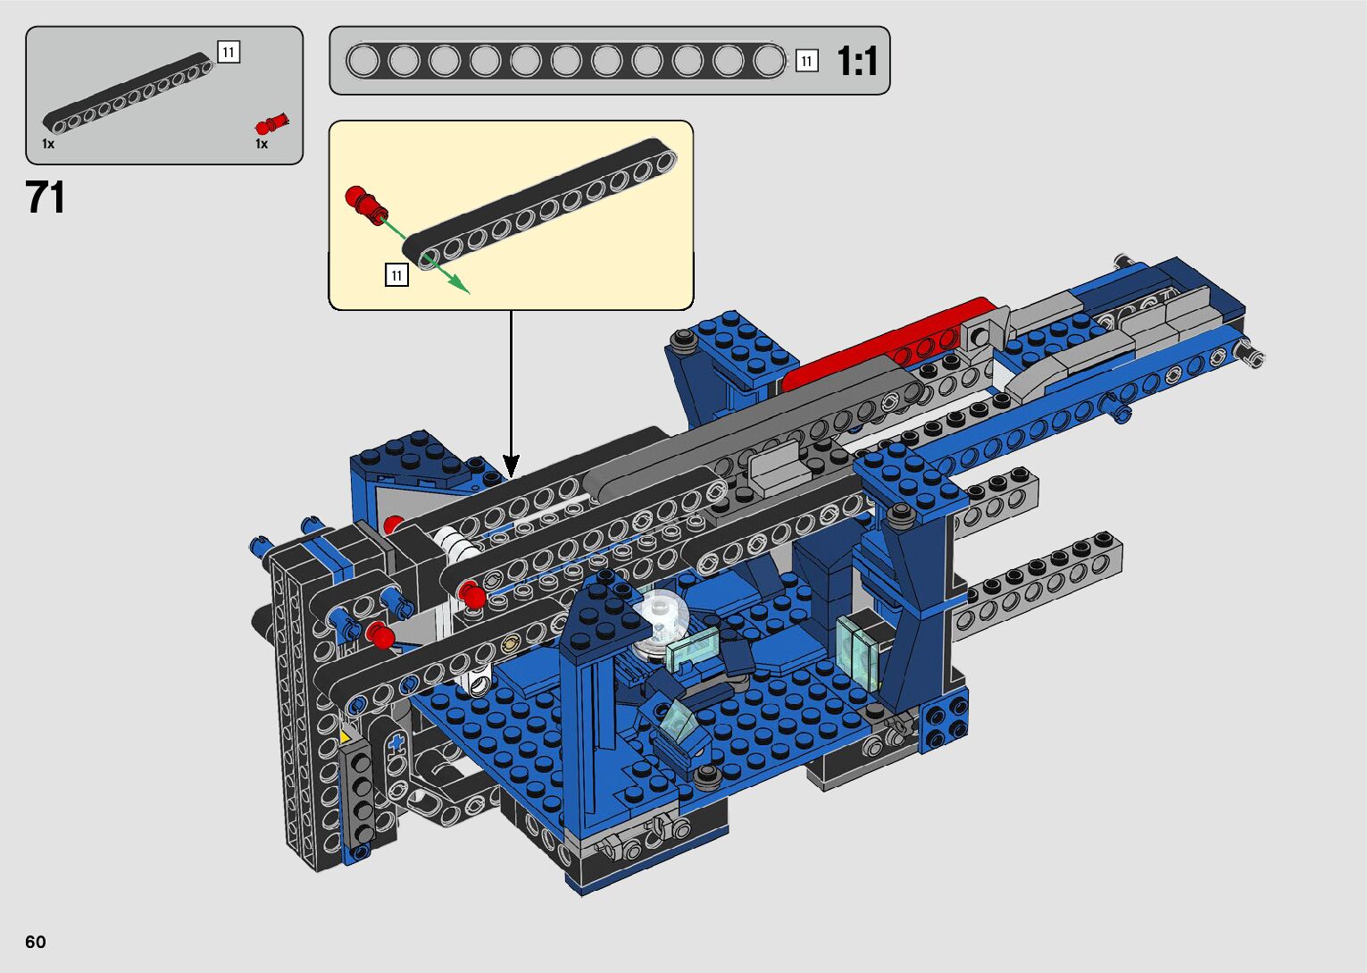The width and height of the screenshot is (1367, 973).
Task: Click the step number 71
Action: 46,197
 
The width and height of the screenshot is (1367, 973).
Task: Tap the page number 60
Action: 36,941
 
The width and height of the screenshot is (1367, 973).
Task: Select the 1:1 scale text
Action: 857,61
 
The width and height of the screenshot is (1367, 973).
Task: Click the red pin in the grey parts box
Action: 271,124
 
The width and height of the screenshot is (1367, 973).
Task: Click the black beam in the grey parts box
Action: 128,93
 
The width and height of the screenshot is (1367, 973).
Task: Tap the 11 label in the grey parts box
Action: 229,52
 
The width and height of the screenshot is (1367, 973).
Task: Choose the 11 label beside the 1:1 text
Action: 807,61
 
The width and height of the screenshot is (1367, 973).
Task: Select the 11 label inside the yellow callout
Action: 396,275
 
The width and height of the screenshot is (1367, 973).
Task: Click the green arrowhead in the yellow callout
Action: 461,285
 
